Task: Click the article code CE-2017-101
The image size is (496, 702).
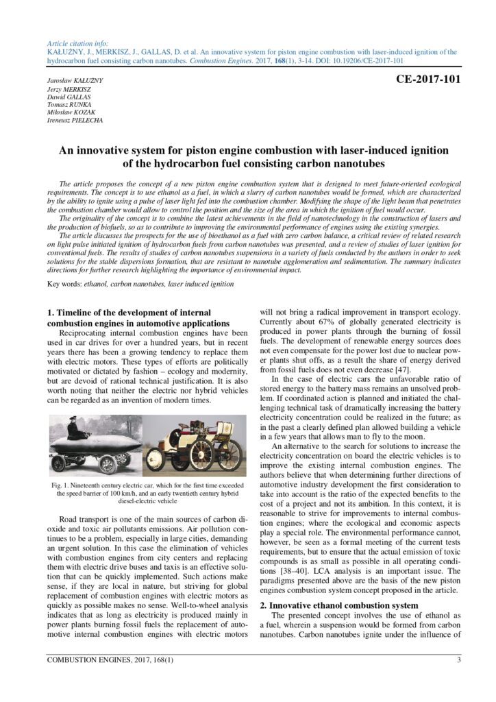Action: [x=428, y=79]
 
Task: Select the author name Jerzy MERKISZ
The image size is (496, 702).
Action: [x=69, y=90]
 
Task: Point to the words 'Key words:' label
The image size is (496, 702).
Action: [x=62, y=284]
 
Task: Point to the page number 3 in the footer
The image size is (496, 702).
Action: [x=458, y=660]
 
